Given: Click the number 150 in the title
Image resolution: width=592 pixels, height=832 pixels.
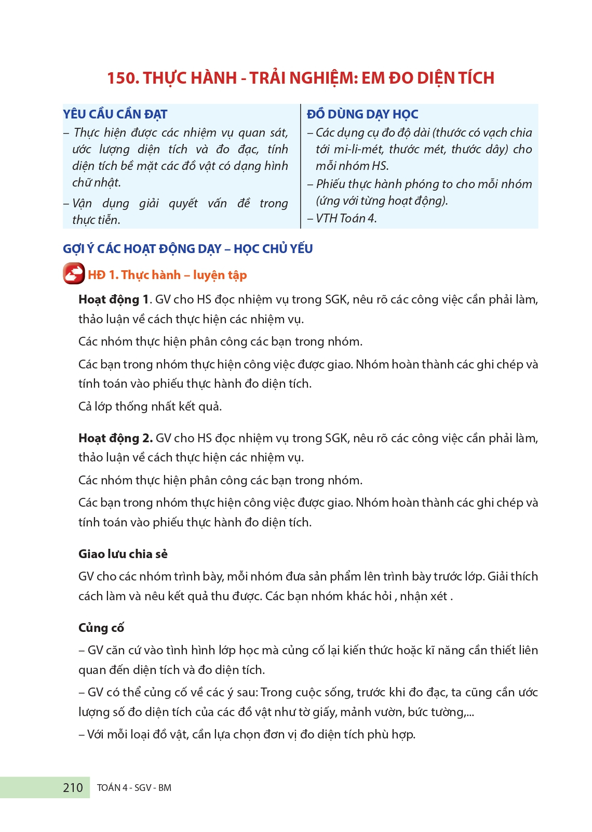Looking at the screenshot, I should click(x=123, y=78).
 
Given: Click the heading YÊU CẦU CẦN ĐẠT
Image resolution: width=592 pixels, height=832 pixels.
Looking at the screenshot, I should click(x=115, y=114).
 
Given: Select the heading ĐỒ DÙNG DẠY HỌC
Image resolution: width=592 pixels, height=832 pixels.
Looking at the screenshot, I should click(x=362, y=114).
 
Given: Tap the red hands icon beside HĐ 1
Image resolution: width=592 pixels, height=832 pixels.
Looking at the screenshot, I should click(x=74, y=274).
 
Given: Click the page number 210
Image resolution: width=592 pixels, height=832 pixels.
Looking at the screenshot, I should click(x=73, y=788).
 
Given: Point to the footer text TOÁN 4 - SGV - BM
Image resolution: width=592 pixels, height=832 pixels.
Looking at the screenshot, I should click(x=134, y=788).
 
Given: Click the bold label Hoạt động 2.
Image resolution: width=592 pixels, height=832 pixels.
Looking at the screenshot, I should click(x=115, y=439).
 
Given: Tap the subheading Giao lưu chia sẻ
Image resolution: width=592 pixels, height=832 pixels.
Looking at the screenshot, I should click(x=123, y=554).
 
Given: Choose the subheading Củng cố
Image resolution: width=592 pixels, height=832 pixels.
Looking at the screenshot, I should click(x=101, y=628).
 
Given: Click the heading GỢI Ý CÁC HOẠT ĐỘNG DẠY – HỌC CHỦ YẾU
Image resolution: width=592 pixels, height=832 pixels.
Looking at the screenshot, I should click(x=187, y=249).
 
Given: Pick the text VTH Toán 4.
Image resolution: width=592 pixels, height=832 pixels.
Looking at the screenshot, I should click(x=346, y=218).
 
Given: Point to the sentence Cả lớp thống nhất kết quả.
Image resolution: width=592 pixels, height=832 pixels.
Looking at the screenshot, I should click(x=150, y=406).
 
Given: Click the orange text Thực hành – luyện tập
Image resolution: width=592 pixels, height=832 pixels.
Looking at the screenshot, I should click(x=184, y=275).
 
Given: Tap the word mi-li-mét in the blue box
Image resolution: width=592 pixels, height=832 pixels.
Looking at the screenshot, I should click(x=358, y=150).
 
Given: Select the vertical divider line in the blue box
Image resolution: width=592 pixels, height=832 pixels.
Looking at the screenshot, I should click(x=301, y=166).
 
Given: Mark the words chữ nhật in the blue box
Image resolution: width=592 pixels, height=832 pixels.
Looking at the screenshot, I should click(x=97, y=183).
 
